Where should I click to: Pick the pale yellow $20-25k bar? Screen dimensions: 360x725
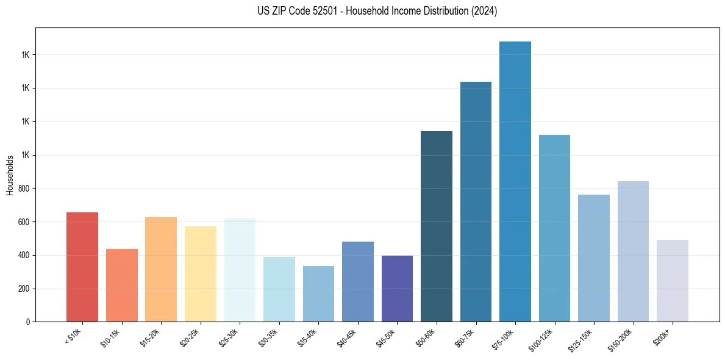click(200, 274)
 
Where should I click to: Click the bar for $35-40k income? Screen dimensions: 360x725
click(318, 294)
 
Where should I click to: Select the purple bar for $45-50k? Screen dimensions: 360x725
click(397, 289)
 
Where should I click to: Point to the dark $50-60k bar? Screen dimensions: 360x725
click(437, 226)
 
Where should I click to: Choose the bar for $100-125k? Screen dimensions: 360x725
click(554, 228)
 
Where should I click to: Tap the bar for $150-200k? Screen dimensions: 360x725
click(633, 251)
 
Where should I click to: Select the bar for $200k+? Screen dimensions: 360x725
click(673, 281)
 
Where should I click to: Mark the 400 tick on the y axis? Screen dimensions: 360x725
click(24, 255)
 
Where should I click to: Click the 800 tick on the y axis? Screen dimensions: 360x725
click(24, 189)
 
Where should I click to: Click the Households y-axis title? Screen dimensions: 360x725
click(10, 175)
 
